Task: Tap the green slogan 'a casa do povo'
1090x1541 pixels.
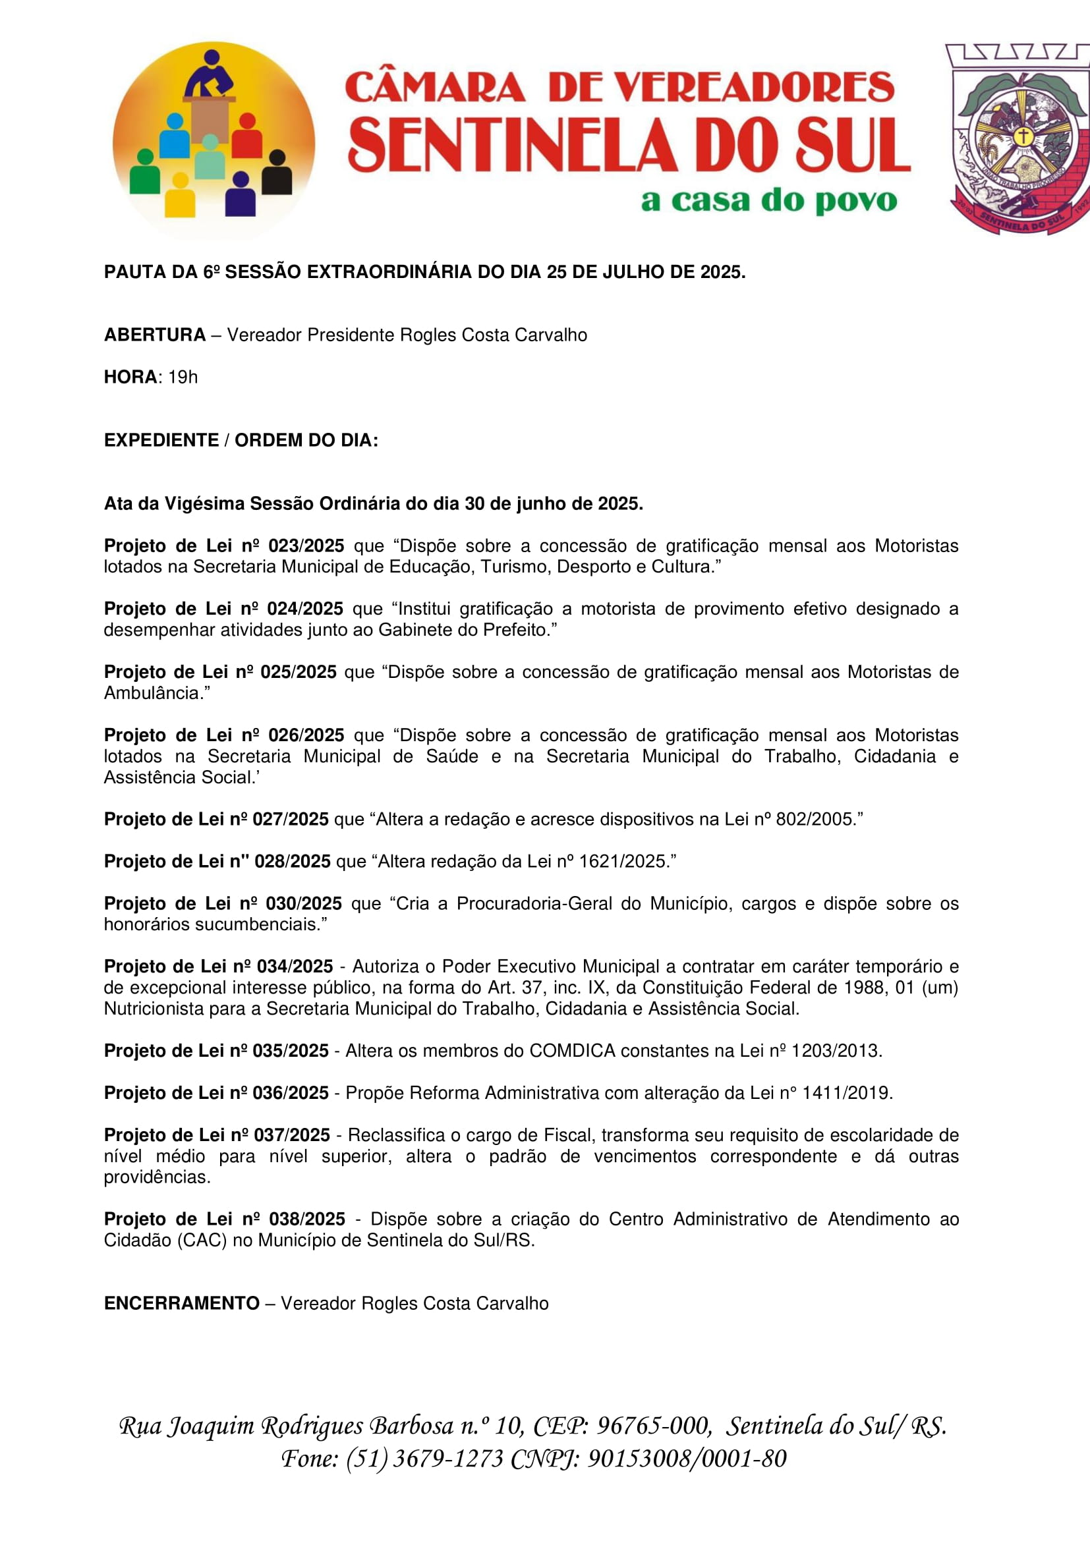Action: (x=768, y=201)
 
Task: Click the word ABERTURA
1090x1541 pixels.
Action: (x=154, y=335)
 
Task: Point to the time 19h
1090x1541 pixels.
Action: (x=183, y=378)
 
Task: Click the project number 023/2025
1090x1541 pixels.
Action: (x=306, y=546)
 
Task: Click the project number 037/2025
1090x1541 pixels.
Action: (x=291, y=1135)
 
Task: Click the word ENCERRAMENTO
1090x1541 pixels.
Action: (x=181, y=1303)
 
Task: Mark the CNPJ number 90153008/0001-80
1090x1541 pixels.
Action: (x=687, y=1458)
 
